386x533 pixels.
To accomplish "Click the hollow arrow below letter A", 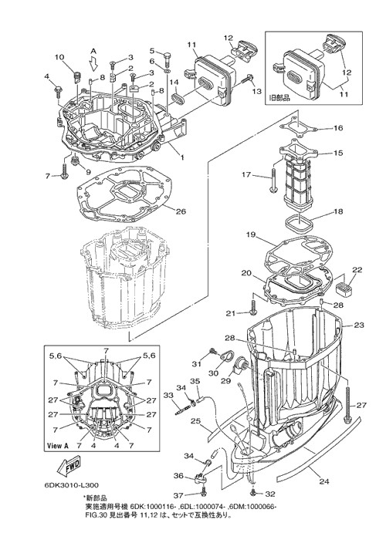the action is [94, 62].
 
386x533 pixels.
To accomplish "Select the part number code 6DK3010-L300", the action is [72, 484].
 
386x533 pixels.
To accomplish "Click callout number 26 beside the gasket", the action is [181, 211].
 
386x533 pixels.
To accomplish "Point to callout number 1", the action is [182, 157].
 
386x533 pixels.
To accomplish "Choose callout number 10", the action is [59, 57].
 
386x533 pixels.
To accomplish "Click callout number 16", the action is [338, 128].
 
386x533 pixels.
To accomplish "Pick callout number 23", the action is [359, 325].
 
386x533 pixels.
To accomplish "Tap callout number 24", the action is [324, 481].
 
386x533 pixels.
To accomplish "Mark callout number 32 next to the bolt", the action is [269, 494].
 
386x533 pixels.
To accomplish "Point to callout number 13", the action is [257, 91].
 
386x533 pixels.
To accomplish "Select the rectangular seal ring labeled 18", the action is [298, 223].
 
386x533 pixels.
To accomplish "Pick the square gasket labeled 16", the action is [299, 127].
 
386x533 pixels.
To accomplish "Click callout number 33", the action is [168, 396].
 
